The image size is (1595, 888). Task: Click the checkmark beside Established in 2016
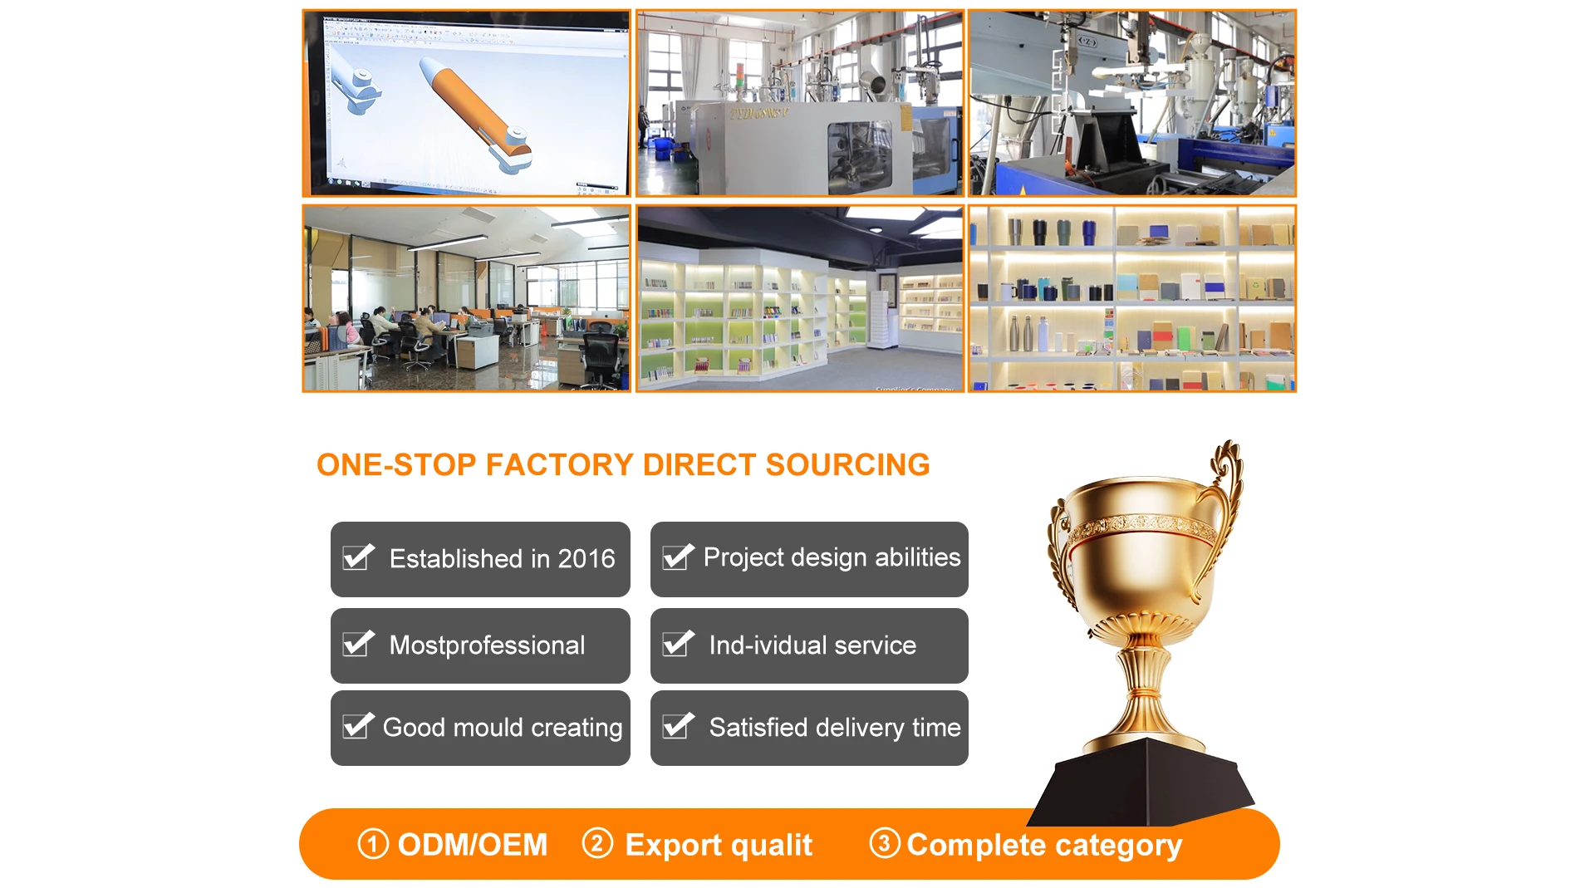[359, 557]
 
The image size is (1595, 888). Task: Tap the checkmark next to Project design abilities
[678, 557]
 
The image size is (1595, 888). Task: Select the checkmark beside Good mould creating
[359, 725]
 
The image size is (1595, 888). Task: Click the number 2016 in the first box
[586, 558]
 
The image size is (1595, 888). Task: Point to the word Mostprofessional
[487, 645]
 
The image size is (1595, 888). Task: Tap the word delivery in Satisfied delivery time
[860, 728]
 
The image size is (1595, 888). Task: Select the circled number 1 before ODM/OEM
[373, 844]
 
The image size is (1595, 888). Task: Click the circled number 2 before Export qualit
[597, 843]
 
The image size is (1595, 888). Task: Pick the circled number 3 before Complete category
[885, 843]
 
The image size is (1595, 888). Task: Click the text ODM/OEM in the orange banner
[473, 845]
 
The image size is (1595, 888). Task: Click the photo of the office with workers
[466, 298]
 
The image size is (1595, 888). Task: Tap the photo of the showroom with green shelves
[800, 298]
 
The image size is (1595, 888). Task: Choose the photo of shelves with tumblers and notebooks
[1132, 298]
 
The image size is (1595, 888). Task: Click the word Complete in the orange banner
[976, 846]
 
